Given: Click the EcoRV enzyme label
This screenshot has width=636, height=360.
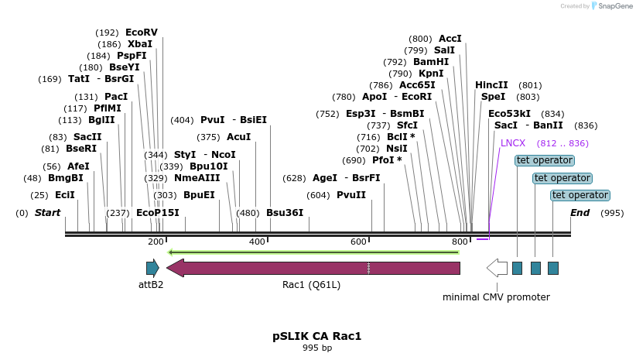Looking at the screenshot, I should pos(142,33).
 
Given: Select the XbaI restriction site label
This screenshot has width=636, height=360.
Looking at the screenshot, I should pos(140,44).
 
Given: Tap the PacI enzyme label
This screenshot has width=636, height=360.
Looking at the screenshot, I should pos(116,97).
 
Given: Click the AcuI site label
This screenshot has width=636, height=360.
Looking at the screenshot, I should pos(239,137).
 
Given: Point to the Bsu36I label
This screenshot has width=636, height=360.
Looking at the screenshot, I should pos(285,213).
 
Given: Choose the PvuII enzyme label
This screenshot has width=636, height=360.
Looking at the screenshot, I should pos(351,195).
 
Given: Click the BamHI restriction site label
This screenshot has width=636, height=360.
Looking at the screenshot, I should pos(431,62).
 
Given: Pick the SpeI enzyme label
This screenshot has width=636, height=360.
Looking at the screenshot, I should pos(493,97).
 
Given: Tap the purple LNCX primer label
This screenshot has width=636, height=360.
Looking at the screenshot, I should pos(513,143).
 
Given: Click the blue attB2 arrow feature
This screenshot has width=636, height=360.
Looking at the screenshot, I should pos(152,268).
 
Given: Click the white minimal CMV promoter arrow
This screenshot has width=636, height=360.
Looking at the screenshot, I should pos(497,268).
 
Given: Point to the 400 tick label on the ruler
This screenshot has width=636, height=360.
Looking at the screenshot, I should pos(257,242).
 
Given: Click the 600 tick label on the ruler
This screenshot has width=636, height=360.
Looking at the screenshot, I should pos(358,242).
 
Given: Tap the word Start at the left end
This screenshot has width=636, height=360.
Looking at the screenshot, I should pos(47,213).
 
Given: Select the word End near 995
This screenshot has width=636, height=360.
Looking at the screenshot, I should pos(580,213).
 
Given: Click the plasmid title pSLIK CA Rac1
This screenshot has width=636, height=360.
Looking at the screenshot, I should pos(317,337).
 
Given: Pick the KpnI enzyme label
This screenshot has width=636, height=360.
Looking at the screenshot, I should pos(431,74).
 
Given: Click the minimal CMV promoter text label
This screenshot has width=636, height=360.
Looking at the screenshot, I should pos(496,297).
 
